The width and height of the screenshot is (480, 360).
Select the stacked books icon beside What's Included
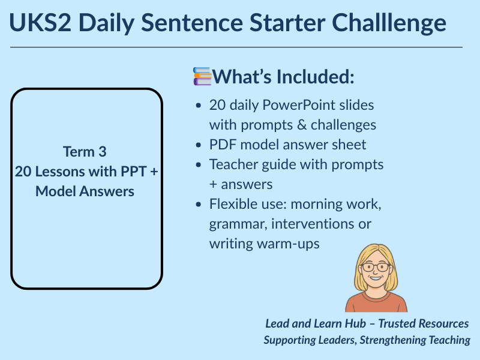(x=202, y=77)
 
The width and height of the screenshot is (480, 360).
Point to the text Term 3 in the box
(x=86, y=151)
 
